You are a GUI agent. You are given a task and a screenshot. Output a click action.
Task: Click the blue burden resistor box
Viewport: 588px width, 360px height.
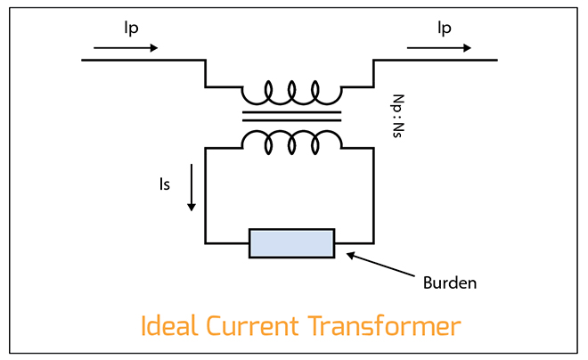point(292,243)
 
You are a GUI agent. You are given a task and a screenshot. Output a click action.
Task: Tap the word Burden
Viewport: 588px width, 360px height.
point(450,283)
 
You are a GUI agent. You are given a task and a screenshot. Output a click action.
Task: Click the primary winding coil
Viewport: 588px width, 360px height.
point(292,92)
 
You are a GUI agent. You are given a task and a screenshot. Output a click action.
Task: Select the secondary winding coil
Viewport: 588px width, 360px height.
point(292,140)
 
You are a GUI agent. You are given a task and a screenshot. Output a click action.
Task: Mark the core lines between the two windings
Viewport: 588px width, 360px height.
point(292,116)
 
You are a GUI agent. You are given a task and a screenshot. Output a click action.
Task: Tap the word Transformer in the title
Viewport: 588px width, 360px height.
point(385,325)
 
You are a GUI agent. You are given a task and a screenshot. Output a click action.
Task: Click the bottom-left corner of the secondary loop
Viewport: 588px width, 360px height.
point(206,242)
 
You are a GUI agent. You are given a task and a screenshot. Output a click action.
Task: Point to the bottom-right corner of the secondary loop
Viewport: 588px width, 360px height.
point(374,242)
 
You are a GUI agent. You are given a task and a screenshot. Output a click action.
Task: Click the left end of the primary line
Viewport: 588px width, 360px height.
point(83,60)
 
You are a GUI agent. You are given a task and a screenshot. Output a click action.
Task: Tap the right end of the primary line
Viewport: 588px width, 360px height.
point(496,60)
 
